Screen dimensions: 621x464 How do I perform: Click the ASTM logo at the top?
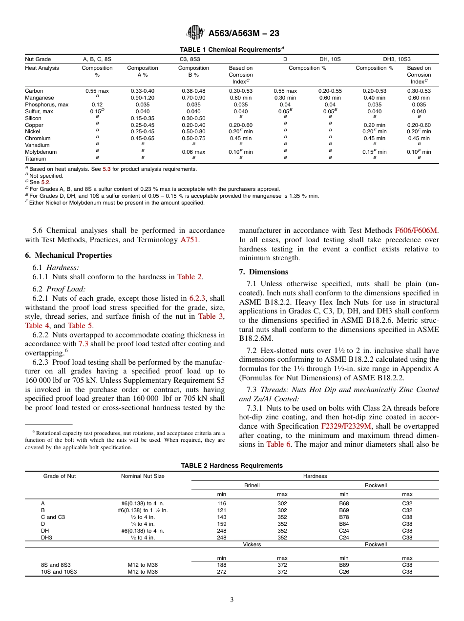(195, 33)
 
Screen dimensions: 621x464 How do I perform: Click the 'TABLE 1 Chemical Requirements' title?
(232, 49)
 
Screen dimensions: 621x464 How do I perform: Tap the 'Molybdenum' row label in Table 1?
(41, 152)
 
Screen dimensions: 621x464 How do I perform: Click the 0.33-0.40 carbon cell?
(142, 91)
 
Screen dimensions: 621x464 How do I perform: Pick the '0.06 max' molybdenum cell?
(193, 152)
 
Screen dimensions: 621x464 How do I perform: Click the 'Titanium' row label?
(36, 159)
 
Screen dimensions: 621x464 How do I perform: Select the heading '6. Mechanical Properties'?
(68, 255)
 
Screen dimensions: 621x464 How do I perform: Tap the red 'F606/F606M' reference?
(416, 230)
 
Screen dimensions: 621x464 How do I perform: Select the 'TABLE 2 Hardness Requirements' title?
(232, 465)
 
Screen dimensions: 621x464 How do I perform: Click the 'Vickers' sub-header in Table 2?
(252, 544)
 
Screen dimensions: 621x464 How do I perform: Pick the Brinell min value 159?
(221, 524)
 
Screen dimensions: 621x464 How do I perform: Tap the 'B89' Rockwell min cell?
(344, 565)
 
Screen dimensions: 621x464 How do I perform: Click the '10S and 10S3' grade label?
(59, 572)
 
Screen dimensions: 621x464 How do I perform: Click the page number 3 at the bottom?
(232, 600)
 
